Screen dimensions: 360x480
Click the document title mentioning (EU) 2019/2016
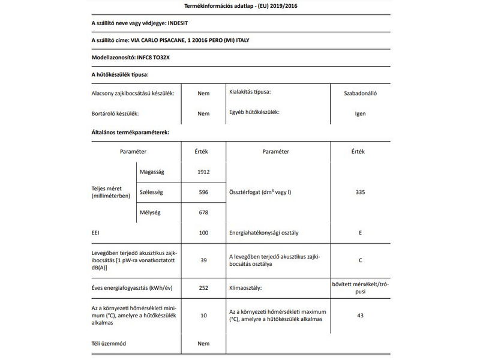tap(239, 7)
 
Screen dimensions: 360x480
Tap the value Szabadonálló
tap(360, 93)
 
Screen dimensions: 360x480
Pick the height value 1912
tap(203, 172)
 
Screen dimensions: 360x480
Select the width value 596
tap(203, 192)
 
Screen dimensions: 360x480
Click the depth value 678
tap(203, 212)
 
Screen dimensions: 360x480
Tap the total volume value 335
tap(360, 192)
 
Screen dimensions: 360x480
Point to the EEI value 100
tap(203, 232)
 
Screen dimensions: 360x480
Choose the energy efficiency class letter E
tap(360, 232)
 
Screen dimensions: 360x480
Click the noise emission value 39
tap(203, 260)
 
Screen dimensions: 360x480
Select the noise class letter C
tap(360, 260)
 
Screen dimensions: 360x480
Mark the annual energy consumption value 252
tap(203, 288)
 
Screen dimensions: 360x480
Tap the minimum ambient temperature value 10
tap(203, 315)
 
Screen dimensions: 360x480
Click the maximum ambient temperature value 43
tap(360, 315)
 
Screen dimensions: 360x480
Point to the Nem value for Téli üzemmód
tap(203, 344)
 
